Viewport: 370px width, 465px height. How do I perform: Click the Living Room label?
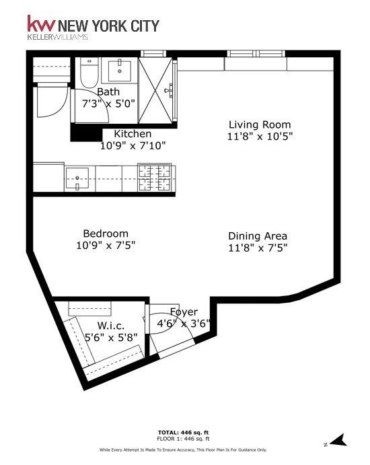260,125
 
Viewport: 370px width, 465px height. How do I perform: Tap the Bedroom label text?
106,234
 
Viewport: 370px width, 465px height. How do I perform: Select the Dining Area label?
258,236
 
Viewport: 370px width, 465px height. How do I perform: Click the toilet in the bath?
89,73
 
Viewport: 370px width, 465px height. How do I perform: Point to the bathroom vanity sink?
120,71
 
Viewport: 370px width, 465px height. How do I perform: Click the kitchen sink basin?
77,178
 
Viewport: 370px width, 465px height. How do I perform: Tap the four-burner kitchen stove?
155,178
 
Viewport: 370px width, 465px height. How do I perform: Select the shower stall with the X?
155,90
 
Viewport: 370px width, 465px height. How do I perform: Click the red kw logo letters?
41,24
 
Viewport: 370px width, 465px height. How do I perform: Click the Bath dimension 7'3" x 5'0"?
108,104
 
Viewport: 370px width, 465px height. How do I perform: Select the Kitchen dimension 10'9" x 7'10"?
133,145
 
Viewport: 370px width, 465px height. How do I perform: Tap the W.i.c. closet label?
111,326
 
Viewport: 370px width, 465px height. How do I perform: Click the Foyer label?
184,312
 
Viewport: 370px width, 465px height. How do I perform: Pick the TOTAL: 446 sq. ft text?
183,433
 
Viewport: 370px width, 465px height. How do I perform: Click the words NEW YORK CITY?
108,26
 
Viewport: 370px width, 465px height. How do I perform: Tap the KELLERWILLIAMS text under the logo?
57,38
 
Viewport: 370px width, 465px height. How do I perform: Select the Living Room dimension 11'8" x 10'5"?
260,137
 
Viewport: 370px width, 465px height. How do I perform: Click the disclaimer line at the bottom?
183,450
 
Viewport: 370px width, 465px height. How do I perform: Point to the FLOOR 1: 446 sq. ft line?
183,439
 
